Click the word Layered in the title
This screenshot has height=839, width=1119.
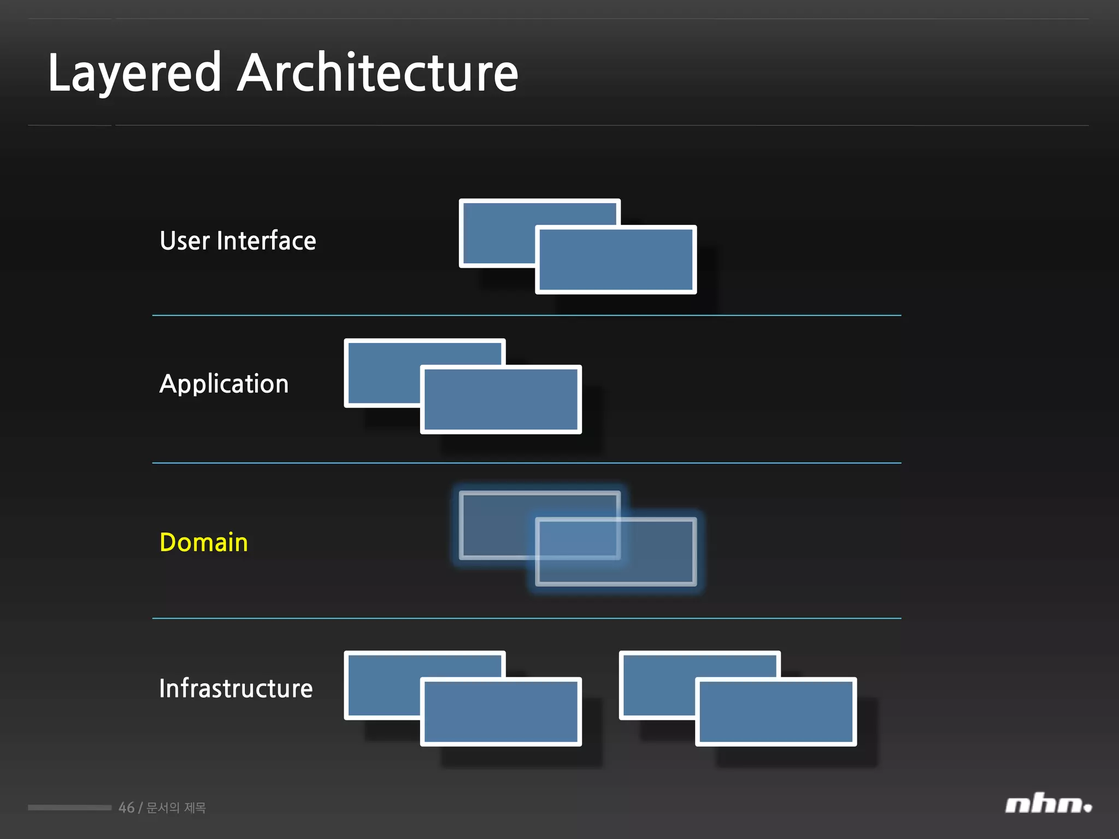pos(134,73)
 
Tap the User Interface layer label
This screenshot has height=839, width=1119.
pos(238,241)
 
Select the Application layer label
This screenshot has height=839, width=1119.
pos(224,384)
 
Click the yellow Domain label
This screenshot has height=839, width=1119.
pos(204,542)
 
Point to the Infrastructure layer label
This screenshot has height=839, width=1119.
pos(236,688)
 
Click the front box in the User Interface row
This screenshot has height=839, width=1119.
pos(616,260)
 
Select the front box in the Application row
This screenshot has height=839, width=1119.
pos(501,400)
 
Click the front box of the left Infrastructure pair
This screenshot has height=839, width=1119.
pos(501,712)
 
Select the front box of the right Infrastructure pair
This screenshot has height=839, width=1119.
pos(776,712)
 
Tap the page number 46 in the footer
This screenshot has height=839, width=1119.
pos(126,807)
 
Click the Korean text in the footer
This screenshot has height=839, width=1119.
pos(176,807)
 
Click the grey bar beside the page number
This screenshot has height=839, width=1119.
pos(69,807)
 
